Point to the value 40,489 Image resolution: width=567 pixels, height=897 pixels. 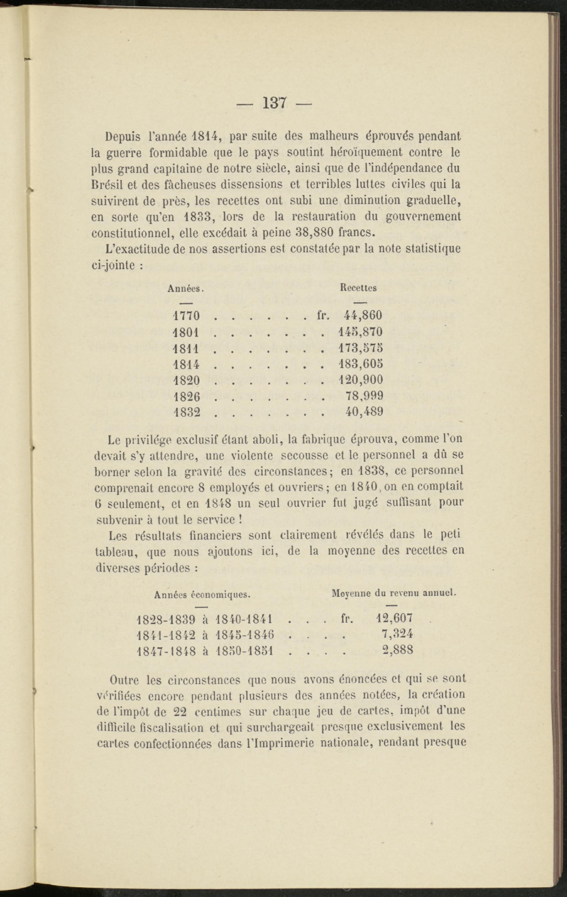[364, 412]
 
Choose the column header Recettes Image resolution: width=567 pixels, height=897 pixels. [358, 288]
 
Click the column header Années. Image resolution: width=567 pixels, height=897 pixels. [185, 288]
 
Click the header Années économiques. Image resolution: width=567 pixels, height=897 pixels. [202, 595]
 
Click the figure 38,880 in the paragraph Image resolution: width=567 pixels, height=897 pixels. [315, 232]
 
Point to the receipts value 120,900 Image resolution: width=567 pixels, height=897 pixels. [361, 380]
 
